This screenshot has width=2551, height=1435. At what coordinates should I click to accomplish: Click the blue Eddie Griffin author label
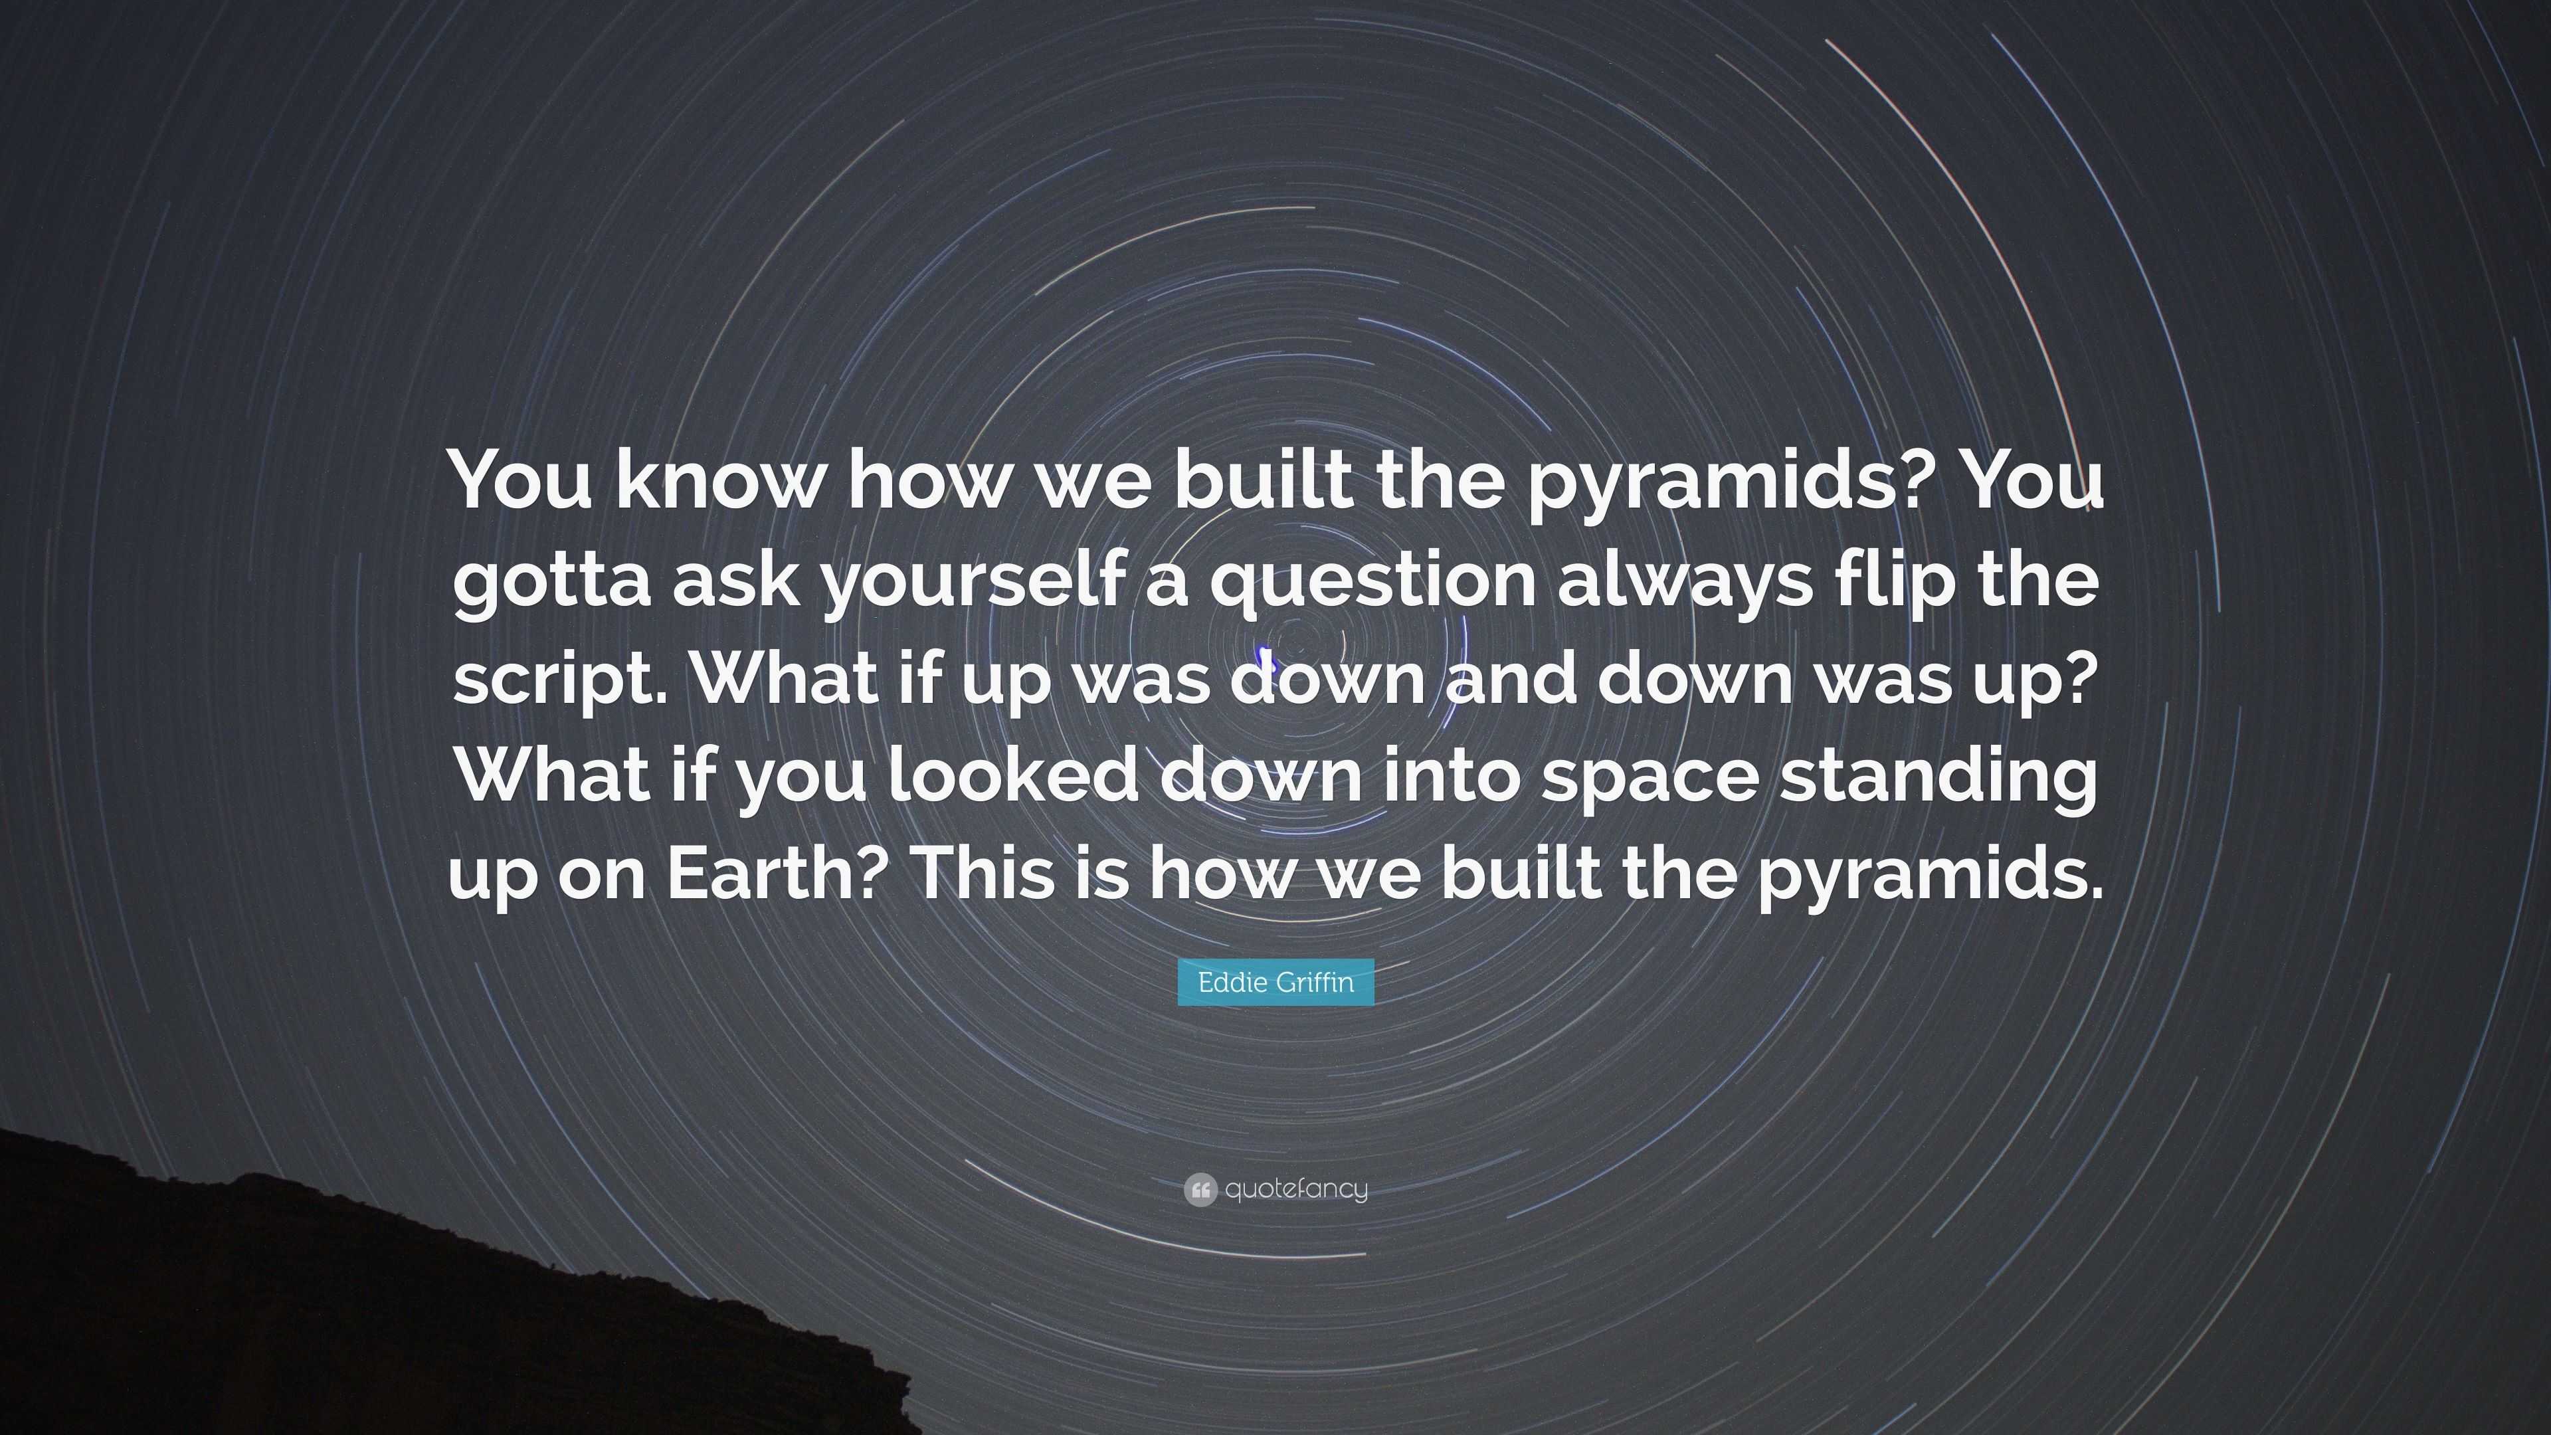coord(1275,983)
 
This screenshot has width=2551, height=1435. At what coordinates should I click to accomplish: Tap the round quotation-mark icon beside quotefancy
coord(1199,1189)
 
